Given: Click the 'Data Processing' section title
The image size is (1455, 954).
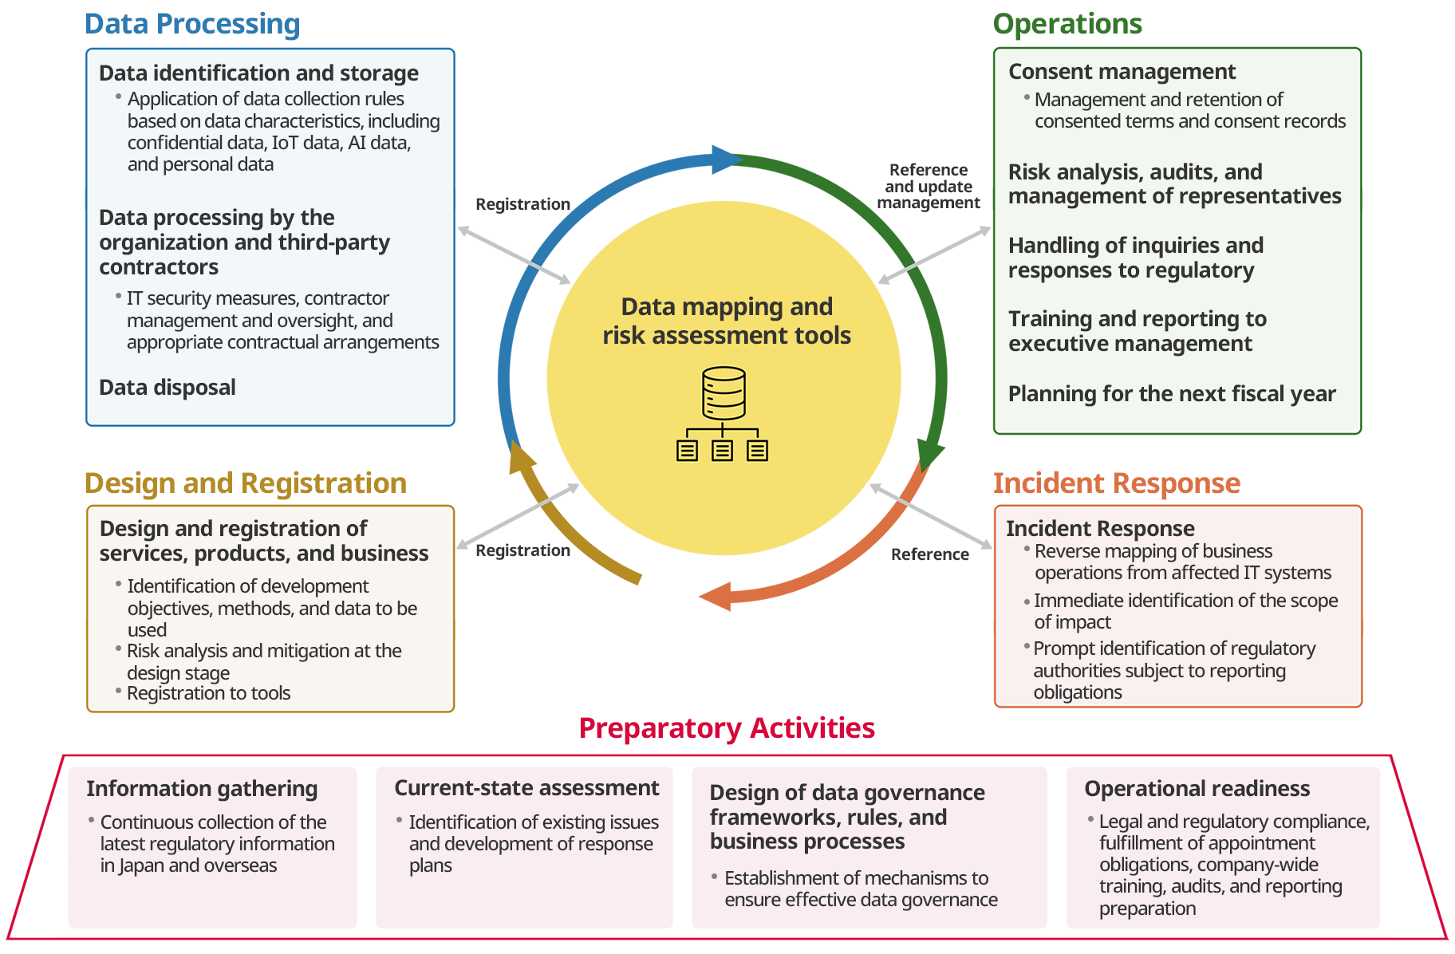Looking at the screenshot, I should [192, 24].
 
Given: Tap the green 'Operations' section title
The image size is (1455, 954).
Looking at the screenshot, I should [1067, 24].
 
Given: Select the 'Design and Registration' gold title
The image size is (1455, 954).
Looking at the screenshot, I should [246, 483].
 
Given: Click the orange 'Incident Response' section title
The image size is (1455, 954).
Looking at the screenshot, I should [1116, 483].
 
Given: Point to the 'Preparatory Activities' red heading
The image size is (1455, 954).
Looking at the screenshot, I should [727, 728].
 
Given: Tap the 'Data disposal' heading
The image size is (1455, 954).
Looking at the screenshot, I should [168, 388].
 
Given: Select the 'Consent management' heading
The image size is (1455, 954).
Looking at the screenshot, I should [1122, 72].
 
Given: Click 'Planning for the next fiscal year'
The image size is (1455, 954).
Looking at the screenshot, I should [1171, 394].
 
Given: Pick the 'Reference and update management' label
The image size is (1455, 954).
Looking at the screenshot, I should [929, 187].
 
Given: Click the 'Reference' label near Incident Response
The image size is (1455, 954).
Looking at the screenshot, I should [930, 554].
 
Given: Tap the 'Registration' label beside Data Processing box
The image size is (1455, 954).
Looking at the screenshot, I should [522, 204].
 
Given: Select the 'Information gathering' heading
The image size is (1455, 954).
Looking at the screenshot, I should [202, 789].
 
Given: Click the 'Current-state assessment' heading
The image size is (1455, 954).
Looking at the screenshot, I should [526, 788].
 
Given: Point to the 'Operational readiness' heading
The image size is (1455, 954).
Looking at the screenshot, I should [1197, 789].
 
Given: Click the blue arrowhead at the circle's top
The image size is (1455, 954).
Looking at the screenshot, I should [726, 160].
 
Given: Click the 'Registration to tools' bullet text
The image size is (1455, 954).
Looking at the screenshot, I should [208, 693].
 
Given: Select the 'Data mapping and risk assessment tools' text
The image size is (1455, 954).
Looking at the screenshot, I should [727, 321].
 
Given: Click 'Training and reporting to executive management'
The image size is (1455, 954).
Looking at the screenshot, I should [1137, 331].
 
